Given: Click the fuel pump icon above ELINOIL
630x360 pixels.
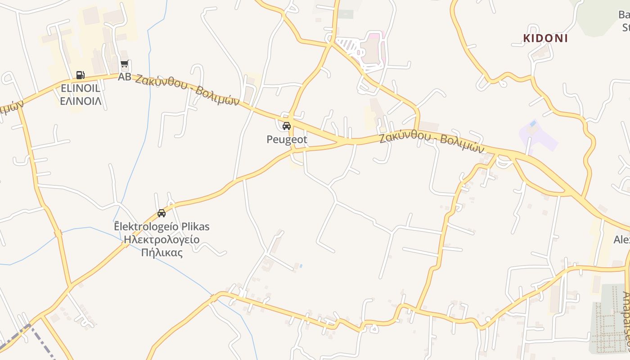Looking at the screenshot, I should pyautogui.click(x=80, y=75).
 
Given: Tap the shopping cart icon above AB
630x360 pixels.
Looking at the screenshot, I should pyautogui.click(x=125, y=65).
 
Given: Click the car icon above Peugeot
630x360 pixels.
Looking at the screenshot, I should pyautogui.click(x=287, y=126).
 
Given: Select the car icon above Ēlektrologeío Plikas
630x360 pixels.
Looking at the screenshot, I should pyautogui.click(x=162, y=213).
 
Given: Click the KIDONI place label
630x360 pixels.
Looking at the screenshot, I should pyautogui.click(x=545, y=38).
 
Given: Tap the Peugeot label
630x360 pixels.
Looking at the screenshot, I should pyautogui.click(x=287, y=139).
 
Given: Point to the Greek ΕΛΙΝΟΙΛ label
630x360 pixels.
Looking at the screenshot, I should pyautogui.click(x=81, y=101).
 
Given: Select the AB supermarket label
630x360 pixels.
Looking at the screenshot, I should pyautogui.click(x=124, y=77).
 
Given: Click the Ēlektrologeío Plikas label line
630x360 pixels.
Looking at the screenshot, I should pyautogui.click(x=162, y=226).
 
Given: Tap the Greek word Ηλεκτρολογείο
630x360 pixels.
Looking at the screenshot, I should pyautogui.click(x=162, y=239).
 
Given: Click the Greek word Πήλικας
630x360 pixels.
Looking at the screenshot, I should pyautogui.click(x=162, y=252).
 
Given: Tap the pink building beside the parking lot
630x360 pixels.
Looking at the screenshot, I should pyautogui.click(x=373, y=49).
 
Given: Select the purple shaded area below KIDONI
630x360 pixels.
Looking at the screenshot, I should pyautogui.click(x=538, y=135).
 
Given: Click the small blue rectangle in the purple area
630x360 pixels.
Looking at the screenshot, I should pyautogui.click(x=533, y=123).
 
